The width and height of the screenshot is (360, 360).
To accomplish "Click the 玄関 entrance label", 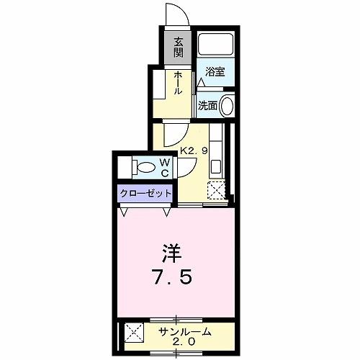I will pos(178,49).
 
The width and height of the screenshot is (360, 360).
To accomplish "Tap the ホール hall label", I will pos(177,84).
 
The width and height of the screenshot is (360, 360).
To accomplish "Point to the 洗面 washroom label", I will pos(208,105).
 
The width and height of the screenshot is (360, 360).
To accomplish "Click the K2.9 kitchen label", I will pos(194,151).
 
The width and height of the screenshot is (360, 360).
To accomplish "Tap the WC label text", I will pos(164,168).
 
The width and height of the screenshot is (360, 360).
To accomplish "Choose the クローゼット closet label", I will pos(145,193).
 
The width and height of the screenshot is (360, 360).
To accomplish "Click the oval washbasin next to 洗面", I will pos(227,105).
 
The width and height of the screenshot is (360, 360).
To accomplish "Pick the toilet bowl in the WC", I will pos(144,168).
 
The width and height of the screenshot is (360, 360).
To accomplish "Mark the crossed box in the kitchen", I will pos(216,191).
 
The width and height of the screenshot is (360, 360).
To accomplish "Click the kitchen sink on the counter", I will pos(216,165).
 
